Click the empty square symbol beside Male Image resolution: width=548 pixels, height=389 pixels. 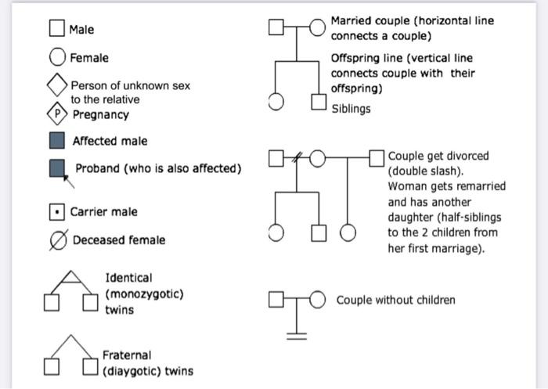[56, 29]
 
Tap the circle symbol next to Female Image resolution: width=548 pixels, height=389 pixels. [57, 57]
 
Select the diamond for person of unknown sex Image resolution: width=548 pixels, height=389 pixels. [57, 85]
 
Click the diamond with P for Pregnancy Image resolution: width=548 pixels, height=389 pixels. [56, 114]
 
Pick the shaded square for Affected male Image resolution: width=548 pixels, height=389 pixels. [56, 141]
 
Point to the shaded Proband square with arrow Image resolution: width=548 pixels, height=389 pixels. [56, 168]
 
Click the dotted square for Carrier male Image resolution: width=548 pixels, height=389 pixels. [56, 211]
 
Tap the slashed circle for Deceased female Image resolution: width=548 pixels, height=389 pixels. [56, 240]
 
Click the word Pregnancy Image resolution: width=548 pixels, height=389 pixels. [101, 115]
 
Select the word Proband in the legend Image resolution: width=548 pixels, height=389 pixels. [99, 169]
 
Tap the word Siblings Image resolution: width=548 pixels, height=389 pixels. [351, 109]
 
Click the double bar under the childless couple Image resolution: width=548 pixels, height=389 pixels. [296, 335]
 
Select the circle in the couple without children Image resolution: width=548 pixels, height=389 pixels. [318, 300]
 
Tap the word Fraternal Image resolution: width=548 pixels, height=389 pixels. [127, 355]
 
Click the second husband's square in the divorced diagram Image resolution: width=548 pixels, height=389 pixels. [377, 160]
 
